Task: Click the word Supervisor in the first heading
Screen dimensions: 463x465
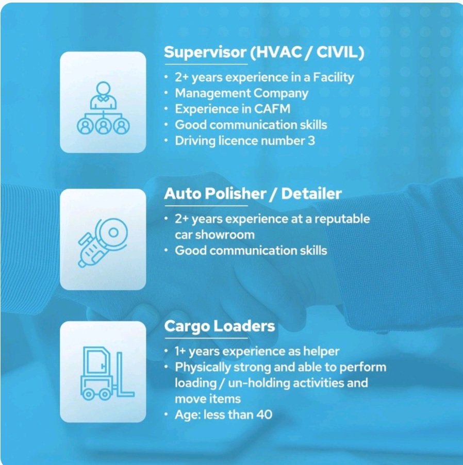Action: pos(205,52)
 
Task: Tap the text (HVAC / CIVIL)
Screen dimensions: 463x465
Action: pos(307,52)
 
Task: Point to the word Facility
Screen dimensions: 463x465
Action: pos(334,77)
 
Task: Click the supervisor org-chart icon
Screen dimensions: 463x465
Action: pos(103,108)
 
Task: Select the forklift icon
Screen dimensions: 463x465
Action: pos(107,373)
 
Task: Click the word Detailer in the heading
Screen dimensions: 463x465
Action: pos(311,194)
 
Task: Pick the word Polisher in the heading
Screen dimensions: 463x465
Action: pos(236,194)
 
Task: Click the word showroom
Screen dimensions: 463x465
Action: pos(225,235)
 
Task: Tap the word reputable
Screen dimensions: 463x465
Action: pos(342,219)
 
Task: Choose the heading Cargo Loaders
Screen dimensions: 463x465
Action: pos(220,326)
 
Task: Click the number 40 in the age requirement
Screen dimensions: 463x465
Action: pos(264,414)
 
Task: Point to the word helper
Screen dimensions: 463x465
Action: pos(321,352)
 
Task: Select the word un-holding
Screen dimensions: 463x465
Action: pos(259,383)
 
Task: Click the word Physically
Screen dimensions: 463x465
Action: pos(203,367)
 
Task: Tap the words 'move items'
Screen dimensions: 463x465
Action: pos(208,399)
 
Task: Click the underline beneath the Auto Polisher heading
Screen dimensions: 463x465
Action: pos(206,205)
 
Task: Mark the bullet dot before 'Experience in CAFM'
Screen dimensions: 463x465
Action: pos(167,109)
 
